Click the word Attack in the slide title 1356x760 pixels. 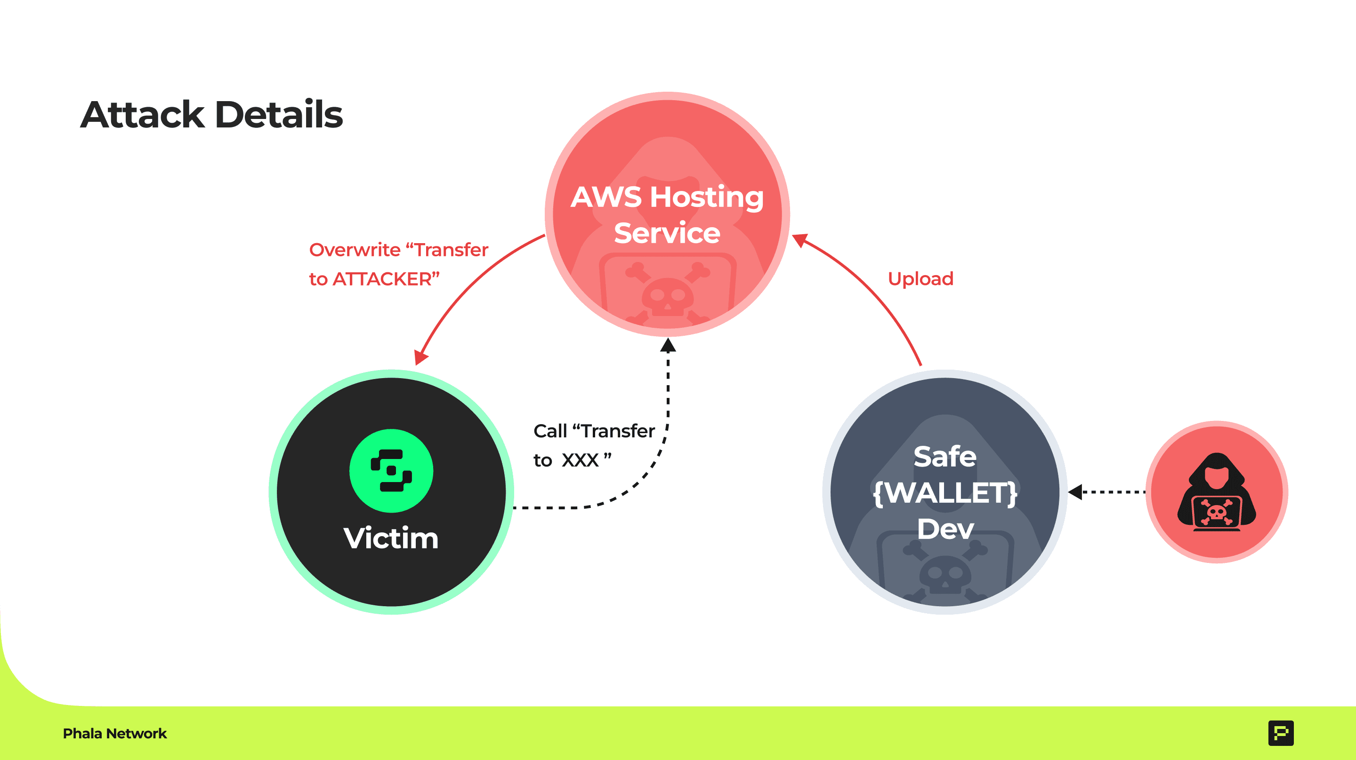[x=142, y=115]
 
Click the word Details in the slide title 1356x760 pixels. [x=279, y=115]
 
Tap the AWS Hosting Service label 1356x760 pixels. [x=667, y=214]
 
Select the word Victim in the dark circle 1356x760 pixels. [x=391, y=538]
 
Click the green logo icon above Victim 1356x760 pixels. [x=391, y=471]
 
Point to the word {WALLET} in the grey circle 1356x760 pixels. [x=945, y=493]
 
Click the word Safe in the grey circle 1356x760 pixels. [x=945, y=456]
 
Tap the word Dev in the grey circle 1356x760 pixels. [x=945, y=529]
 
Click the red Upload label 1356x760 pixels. [x=920, y=279]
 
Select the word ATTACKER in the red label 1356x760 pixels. [x=382, y=279]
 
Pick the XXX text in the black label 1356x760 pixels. [x=580, y=460]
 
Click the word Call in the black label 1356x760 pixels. [x=550, y=431]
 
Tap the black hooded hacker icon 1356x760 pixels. [x=1217, y=492]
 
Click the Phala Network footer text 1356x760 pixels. [x=115, y=733]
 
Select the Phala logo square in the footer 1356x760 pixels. [x=1281, y=733]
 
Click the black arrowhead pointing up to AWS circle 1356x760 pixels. [x=668, y=346]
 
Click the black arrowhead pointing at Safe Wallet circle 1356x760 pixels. [x=1075, y=492]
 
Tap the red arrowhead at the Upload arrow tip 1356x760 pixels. [x=799, y=240]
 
